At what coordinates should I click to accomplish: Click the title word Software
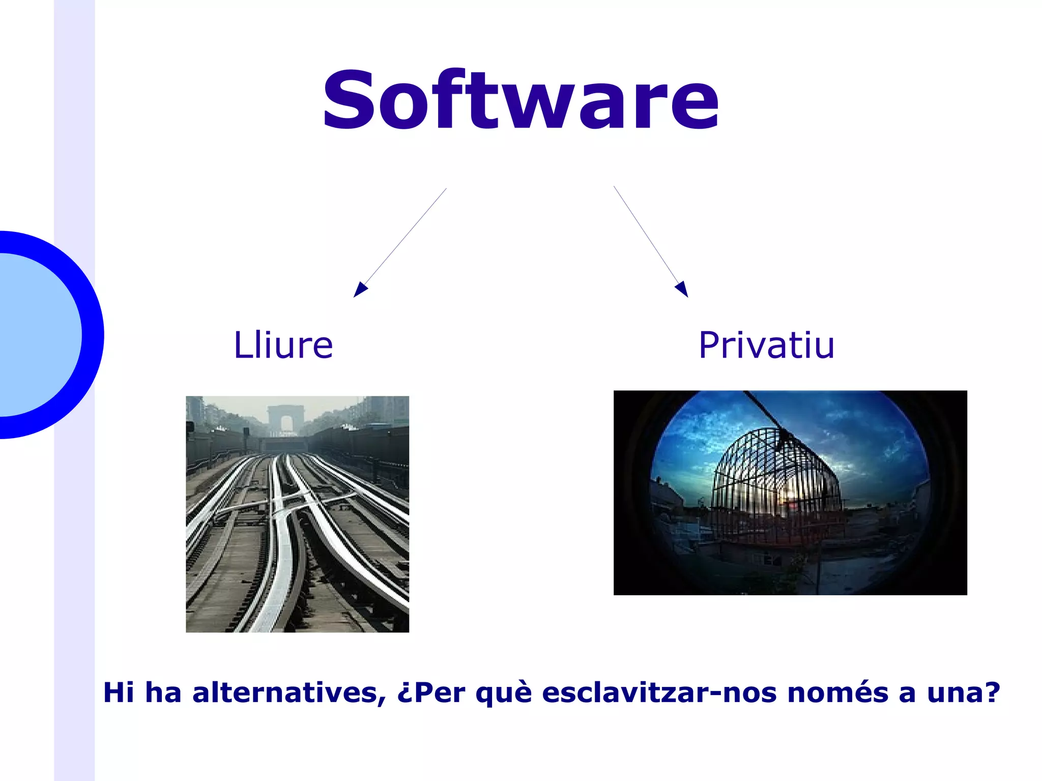tap(520, 100)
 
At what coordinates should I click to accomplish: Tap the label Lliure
tap(283, 345)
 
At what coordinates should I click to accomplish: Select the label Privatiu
tap(766, 345)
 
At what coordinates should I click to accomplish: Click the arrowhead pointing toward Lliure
tap(360, 290)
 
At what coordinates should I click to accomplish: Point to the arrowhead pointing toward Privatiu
tap(682, 289)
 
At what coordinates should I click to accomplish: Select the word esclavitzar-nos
tap(659, 693)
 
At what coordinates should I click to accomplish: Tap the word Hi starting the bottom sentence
tap(119, 693)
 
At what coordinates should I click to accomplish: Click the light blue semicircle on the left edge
tap(36, 335)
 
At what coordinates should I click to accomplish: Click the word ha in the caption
tap(163, 693)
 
